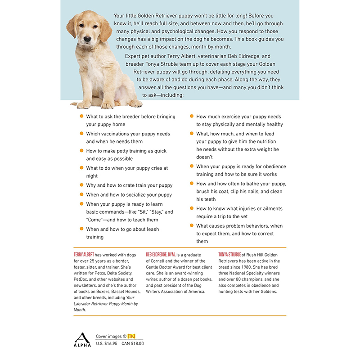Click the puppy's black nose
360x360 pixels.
click(87, 40)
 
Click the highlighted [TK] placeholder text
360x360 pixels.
click(131, 336)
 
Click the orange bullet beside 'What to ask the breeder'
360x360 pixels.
click(81, 116)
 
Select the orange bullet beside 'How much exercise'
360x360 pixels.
click(192, 116)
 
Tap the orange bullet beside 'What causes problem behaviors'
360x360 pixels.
click(192, 225)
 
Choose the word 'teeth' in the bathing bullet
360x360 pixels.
click(210, 199)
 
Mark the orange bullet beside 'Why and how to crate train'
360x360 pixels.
click(81, 184)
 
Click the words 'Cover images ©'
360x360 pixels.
click(111, 336)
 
